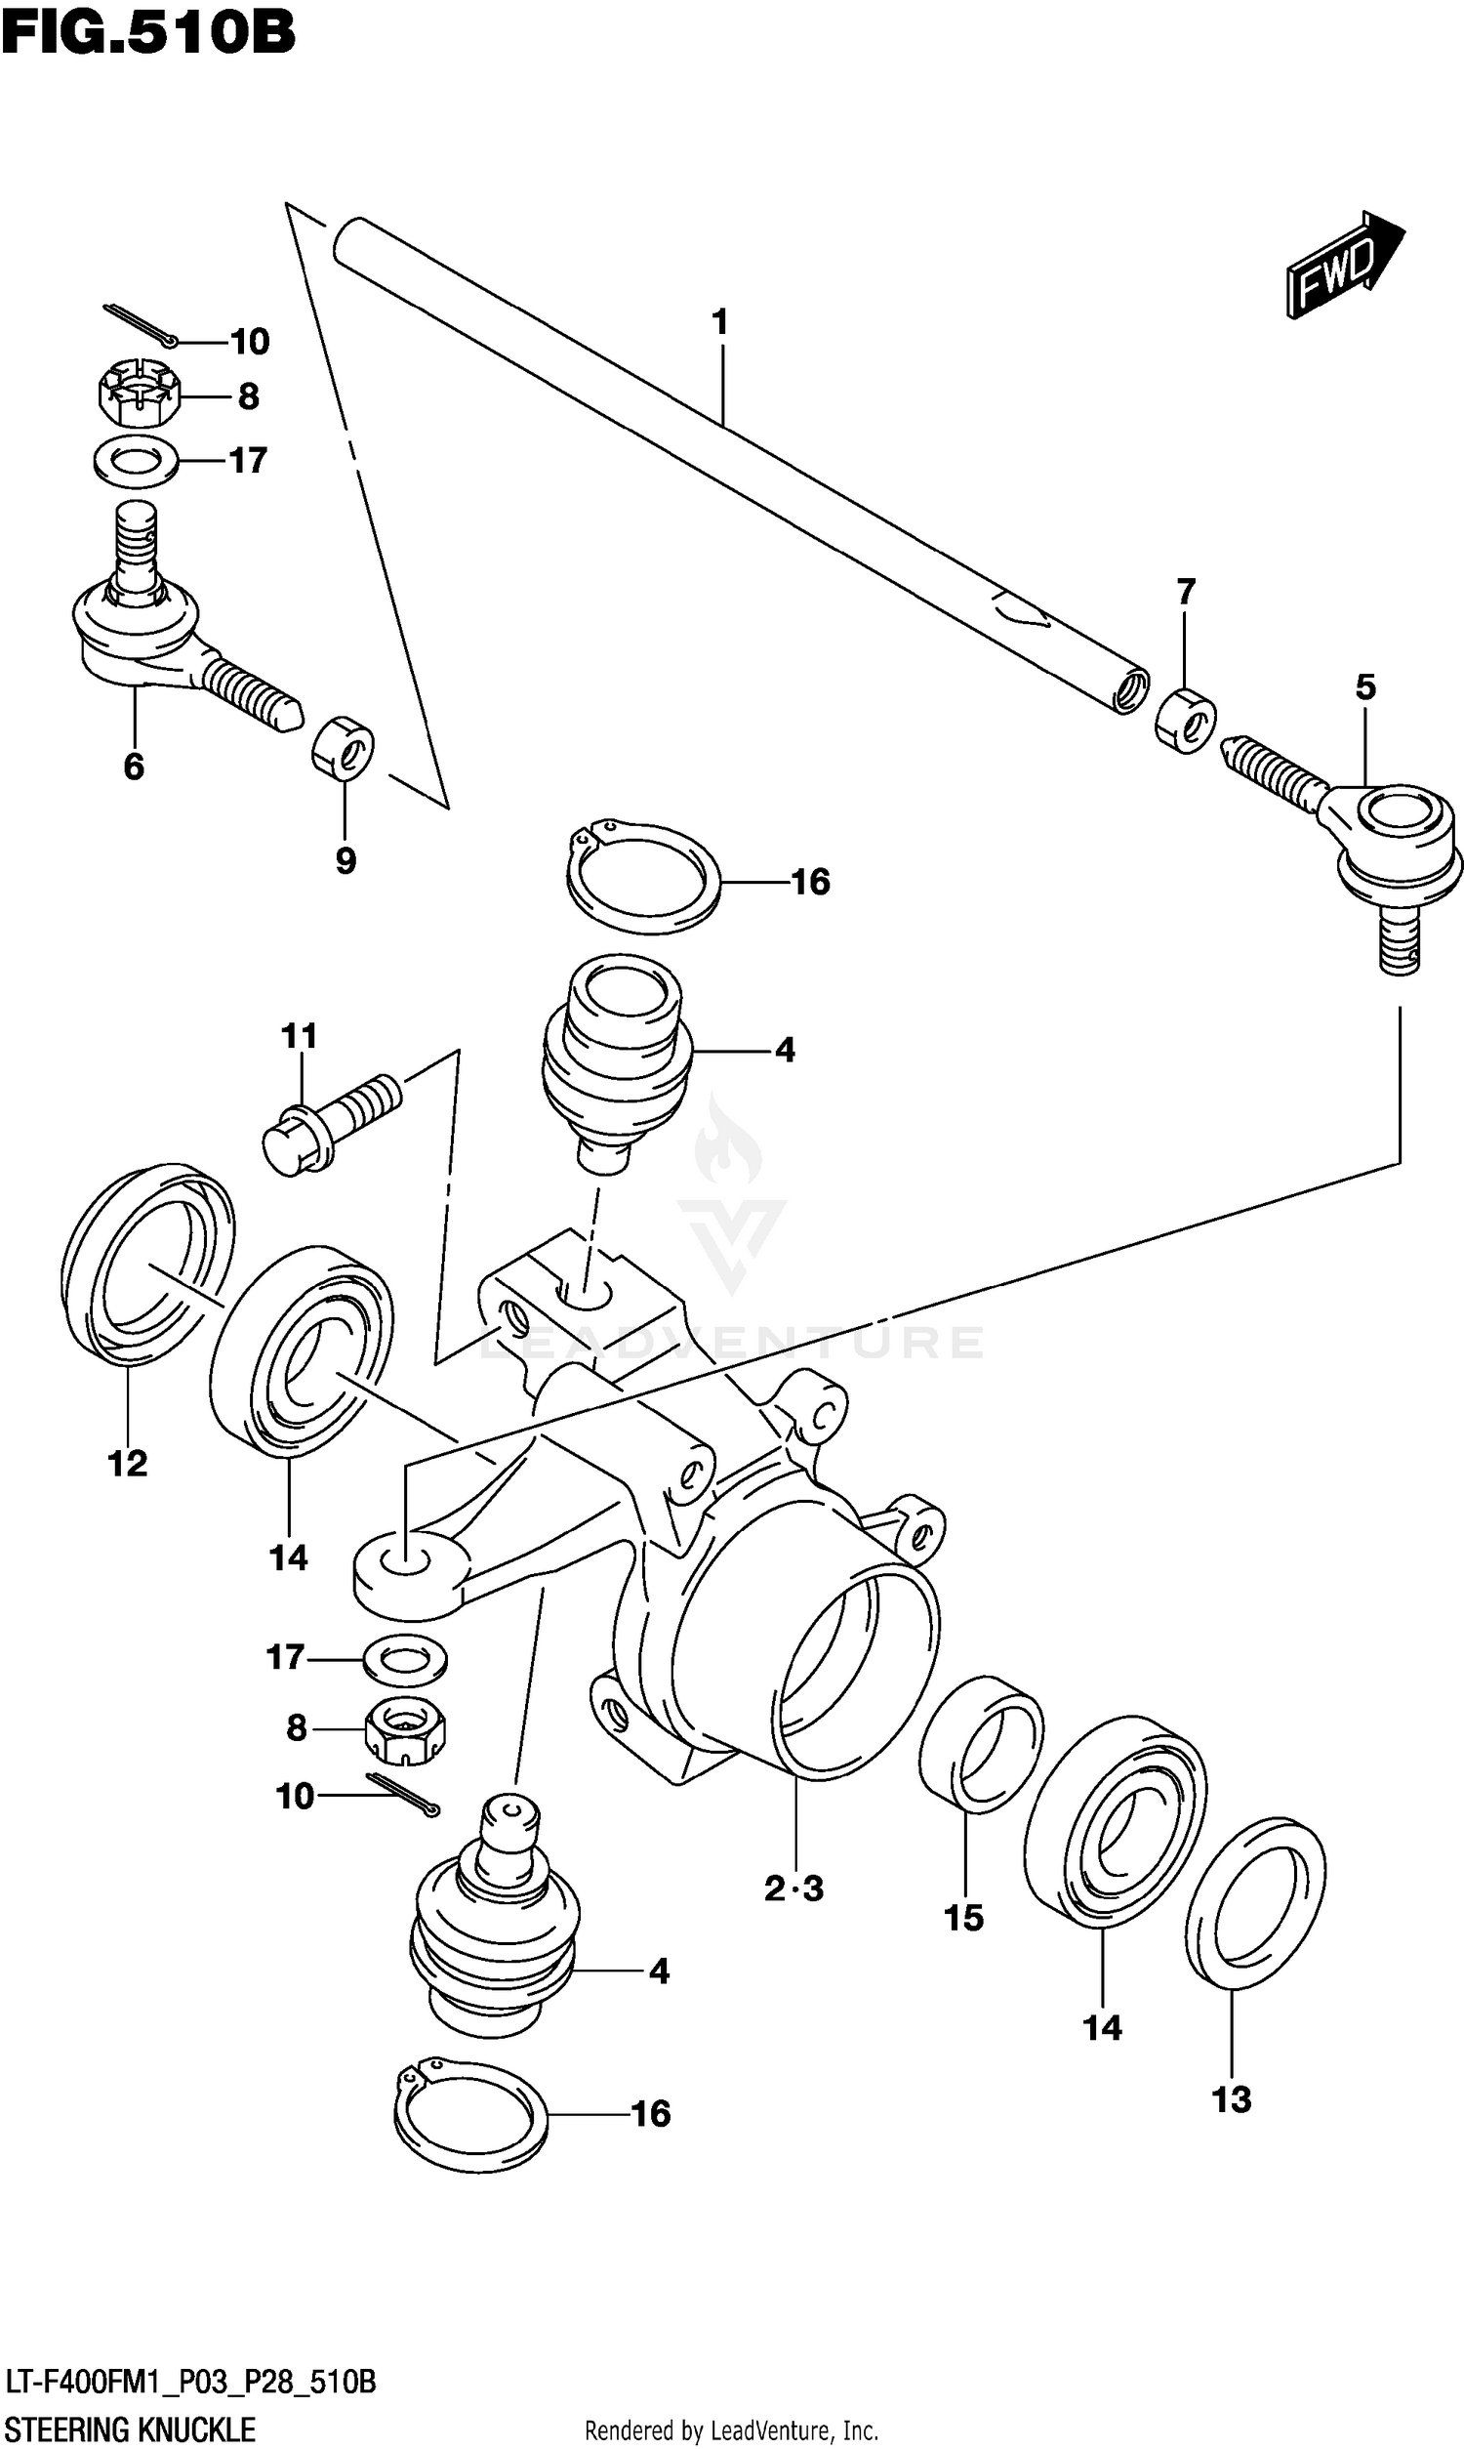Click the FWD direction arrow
(x=1344, y=265)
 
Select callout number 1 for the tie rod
(x=720, y=322)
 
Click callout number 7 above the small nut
(x=1186, y=592)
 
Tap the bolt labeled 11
(x=331, y=1125)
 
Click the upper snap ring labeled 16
(x=643, y=878)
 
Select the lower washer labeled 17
(x=404, y=1659)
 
